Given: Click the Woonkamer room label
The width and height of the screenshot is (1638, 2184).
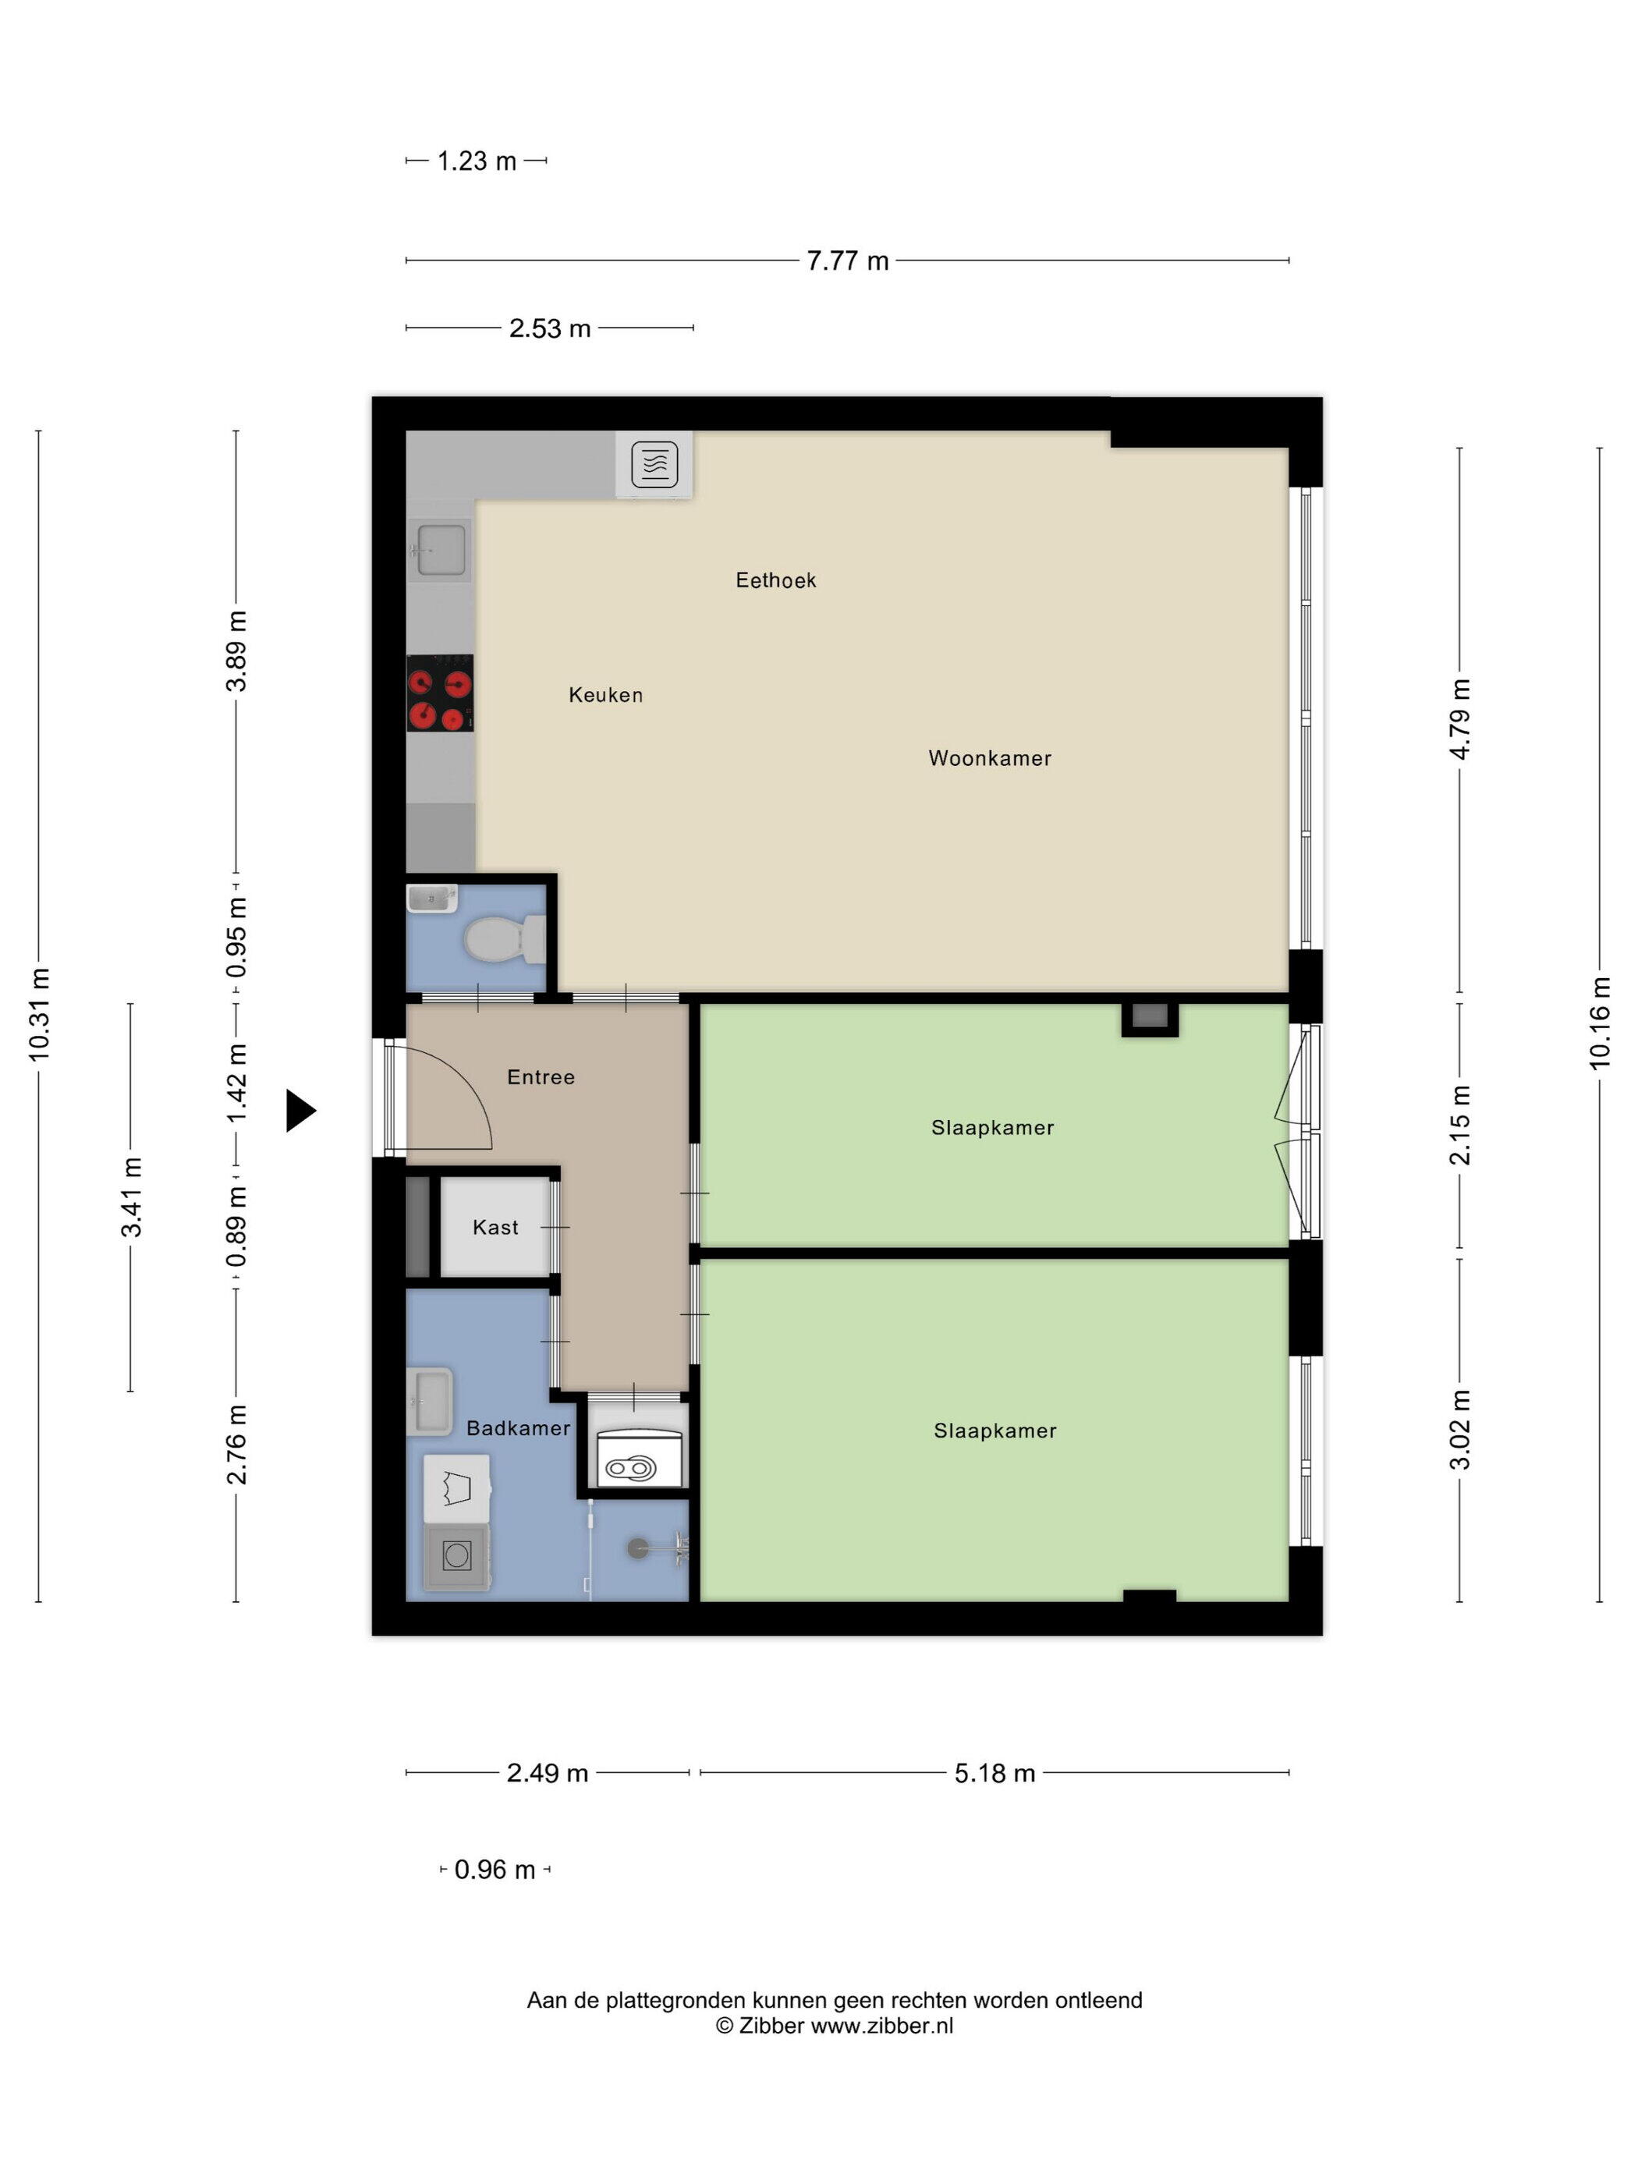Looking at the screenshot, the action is pyautogui.click(x=989, y=758).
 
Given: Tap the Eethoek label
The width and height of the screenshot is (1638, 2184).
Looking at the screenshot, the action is pyautogui.click(x=775, y=580).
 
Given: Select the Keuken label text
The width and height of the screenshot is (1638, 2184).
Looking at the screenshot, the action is pyautogui.click(x=605, y=695).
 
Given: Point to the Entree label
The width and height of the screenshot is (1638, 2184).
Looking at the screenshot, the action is pyautogui.click(x=540, y=1077).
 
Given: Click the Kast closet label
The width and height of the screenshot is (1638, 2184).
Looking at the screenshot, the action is pyautogui.click(x=495, y=1227).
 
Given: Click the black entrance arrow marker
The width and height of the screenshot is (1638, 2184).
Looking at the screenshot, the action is pyautogui.click(x=301, y=1111).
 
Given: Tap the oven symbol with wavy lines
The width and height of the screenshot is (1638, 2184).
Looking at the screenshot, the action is pyautogui.click(x=654, y=464).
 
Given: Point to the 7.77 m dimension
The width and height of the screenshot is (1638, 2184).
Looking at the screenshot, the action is pyautogui.click(x=847, y=261).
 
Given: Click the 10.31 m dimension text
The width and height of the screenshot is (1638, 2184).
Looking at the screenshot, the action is pyautogui.click(x=38, y=1015).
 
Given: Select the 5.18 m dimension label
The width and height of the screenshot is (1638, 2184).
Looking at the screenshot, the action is pyautogui.click(x=994, y=1773).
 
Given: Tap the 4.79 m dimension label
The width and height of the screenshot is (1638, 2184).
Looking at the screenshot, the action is pyautogui.click(x=1459, y=719).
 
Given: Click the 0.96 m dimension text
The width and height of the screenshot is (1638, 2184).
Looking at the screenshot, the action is pyautogui.click(x=495, y=1870).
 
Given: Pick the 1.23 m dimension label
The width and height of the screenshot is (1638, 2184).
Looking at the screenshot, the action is pyautogui.click(x=477, y=161).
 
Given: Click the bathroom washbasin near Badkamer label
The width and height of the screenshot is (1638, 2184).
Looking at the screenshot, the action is pyautogui.click(x=431, y=1402).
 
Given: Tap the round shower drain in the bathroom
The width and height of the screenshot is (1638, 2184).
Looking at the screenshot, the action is pyautogui.click(x=639, y=1548).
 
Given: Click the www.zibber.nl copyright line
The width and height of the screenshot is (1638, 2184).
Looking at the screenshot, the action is pyautogui.click(x=835, y=2026).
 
